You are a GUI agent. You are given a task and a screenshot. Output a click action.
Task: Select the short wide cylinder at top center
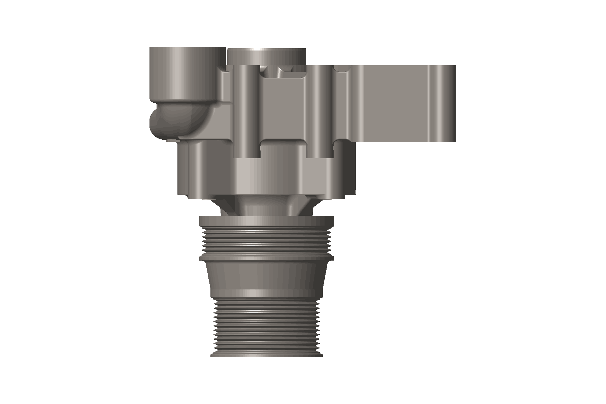coord(266,56)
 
